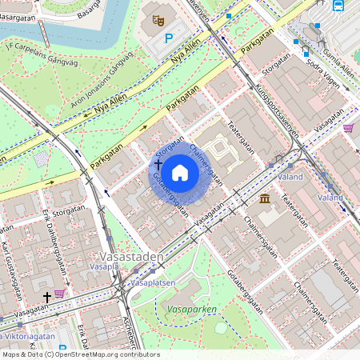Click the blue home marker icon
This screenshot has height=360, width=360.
(x=180, y=173)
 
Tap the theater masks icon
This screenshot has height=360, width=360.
(x=158, y=20)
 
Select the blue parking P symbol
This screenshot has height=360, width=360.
(x=169, y=38)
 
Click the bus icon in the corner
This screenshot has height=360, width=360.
(x=338, y=5)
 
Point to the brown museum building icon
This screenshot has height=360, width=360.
(x=264, y=198)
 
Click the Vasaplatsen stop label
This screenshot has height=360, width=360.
(x=152, y=283)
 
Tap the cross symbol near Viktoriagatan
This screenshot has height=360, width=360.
(x=46, y=297)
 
